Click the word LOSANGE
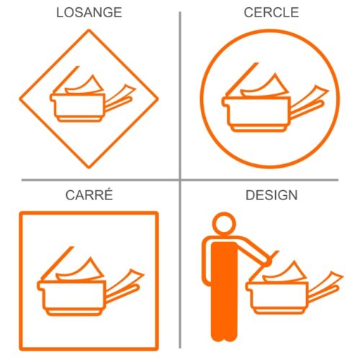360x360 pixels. pyautogui.click(x=89, y=12)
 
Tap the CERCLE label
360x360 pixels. pyautogui.click(x=271, y=12)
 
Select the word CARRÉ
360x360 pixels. pyautogui.click(x=89, y=194)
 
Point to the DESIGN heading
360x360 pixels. pyautogui.click(x=271, y=195)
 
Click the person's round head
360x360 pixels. pyautogui.click(x=224, y=224)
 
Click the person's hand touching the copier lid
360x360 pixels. pyautogui.click(x=267, y=263)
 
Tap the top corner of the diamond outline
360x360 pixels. pyautogui.click(x=89, y=30)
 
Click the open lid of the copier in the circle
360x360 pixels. pyautogui.click(x=242, y=78)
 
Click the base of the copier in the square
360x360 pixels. pyautogui.click(x=73, y=312)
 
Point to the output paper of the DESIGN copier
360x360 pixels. pyautogui.click(x=326, y=282)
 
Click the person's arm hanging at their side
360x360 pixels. pyautogui.click(x=207, y=261)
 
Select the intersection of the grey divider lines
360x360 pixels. pyautogui.click(x=180, y=180)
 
